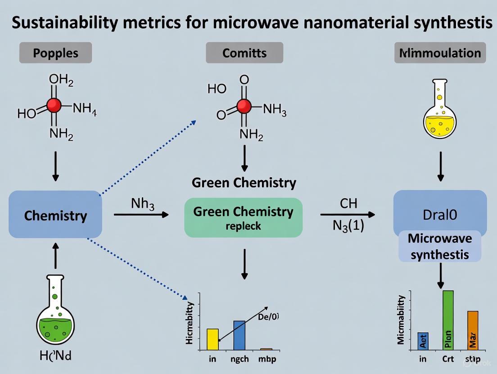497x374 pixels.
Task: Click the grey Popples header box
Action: click(x=55, y=53)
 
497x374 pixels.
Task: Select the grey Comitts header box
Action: click(x=244, y=53)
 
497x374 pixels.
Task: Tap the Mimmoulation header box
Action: click(x=440, y=53)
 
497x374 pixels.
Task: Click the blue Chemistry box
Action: click(x=55, y=215)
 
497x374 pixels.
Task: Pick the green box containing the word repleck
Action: click(x=243, y=218)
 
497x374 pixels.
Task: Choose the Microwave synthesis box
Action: click(x=440, y=246)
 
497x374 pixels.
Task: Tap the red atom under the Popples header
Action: click(x=54, y=105)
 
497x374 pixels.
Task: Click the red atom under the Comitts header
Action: click(x=244, y=106)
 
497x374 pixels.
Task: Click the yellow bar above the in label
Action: click(x=212, y=339)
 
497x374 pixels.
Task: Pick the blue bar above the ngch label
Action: click(x=239, y=335)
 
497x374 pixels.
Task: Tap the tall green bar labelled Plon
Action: click(x=448, y=320)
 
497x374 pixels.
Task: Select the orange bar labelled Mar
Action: click(x=472, y=330)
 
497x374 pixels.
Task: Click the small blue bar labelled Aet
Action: click(x=423, y=341)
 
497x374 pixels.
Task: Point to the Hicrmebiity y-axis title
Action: click(x=190, y=323)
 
